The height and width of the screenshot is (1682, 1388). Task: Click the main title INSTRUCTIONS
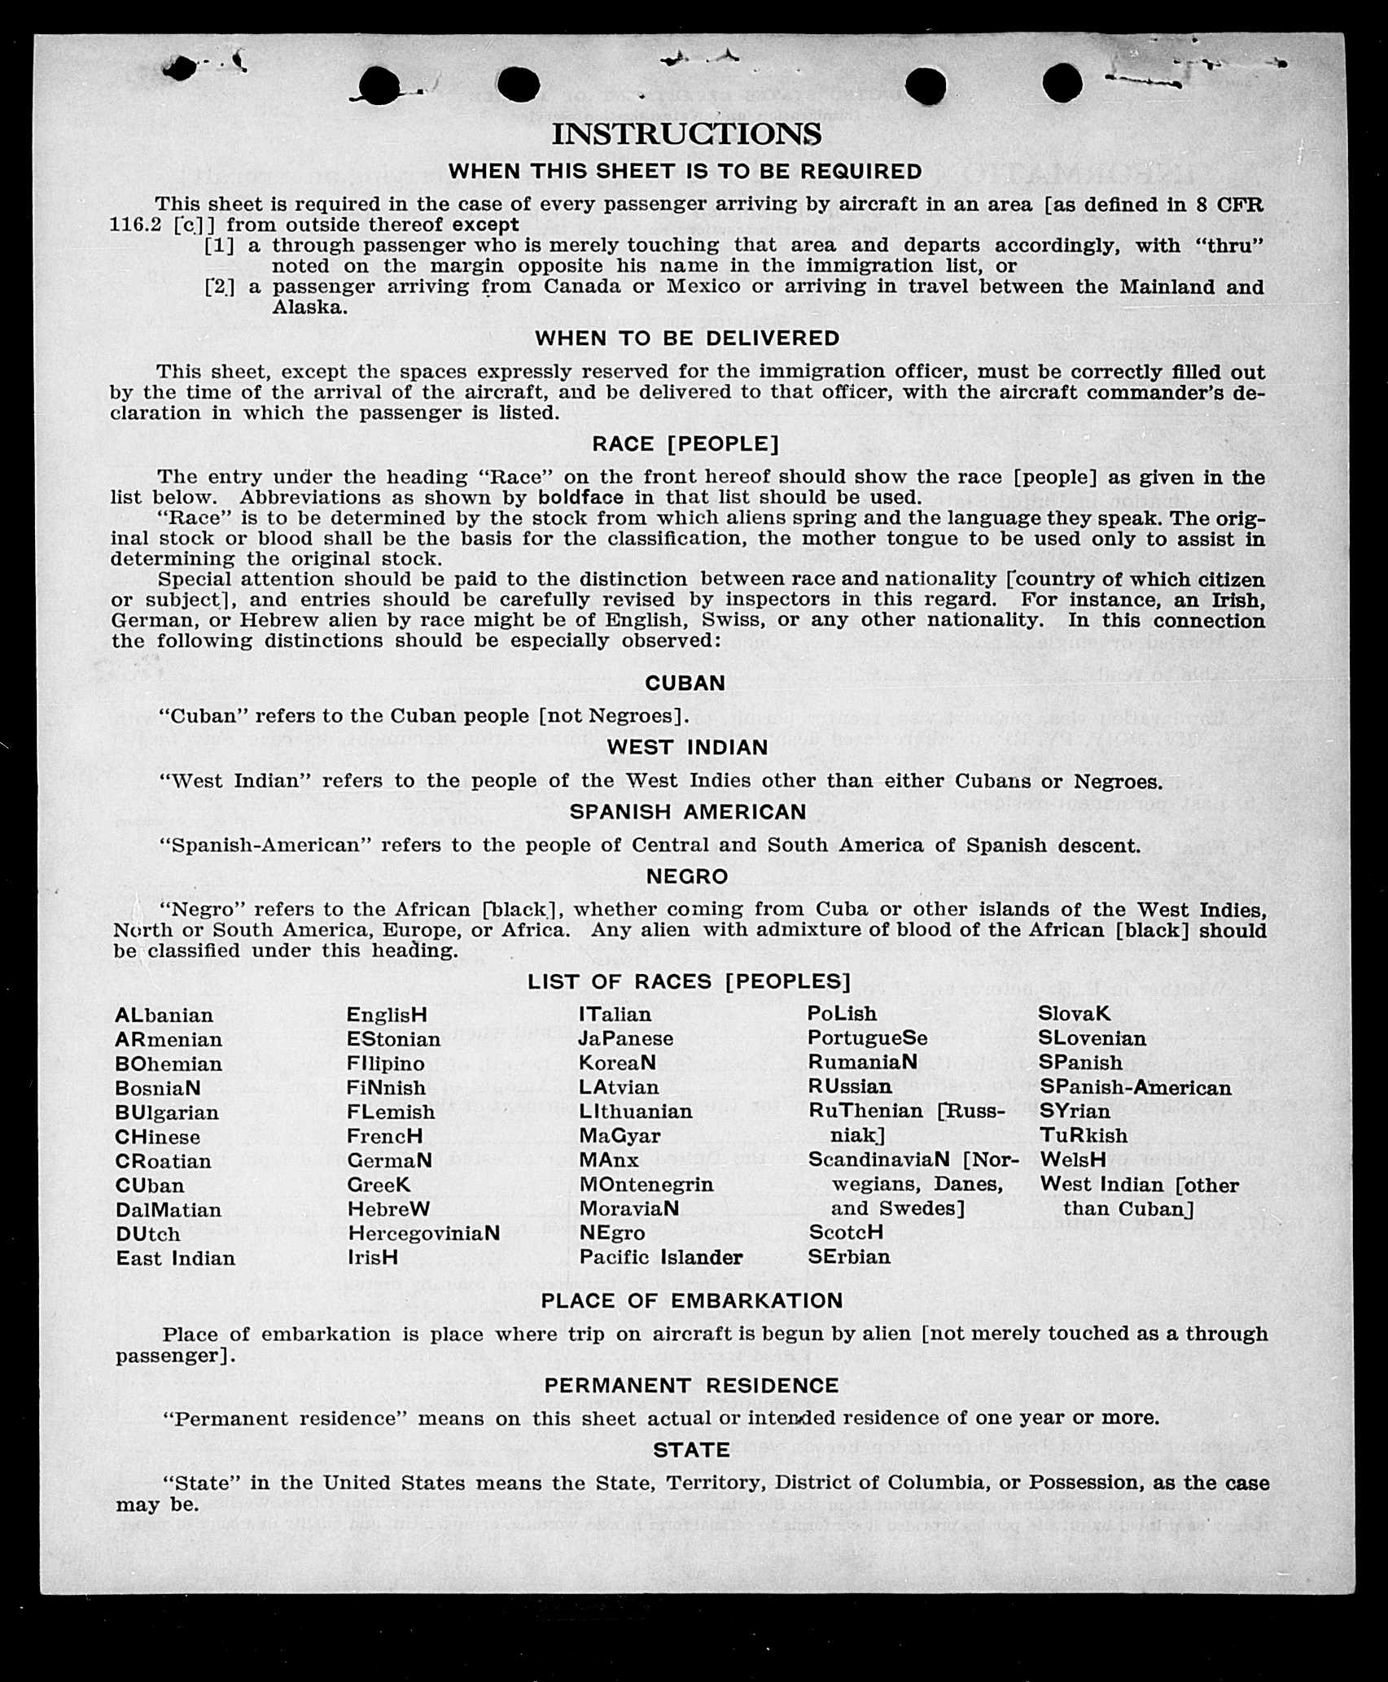point(686,134)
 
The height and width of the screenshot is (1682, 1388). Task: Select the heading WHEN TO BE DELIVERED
point(687,338)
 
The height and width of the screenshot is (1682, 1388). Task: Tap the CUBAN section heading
point(685,683)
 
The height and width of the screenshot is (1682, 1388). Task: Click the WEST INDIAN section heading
point(687,747)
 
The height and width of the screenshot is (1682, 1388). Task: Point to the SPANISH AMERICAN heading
point(687,811)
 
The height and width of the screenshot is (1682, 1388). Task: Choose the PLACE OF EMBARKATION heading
point(691,1300)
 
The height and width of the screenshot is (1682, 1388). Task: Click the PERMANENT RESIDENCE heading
point(691,1385)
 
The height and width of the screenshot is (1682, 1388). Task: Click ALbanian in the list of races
point(164,1016)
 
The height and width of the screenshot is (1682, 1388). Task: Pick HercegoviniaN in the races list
point(423,1233)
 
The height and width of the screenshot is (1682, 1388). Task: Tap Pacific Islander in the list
point(660,1257)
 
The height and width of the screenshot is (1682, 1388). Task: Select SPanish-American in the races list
point(1135,1087)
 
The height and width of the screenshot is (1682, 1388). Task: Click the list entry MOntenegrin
point(646,1184)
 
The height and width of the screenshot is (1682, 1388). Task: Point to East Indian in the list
point(175,1258)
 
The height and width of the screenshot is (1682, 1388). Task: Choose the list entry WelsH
point(1072,1160)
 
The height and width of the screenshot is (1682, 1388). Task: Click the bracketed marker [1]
point(218,245)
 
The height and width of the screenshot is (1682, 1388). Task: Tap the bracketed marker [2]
point(218,286)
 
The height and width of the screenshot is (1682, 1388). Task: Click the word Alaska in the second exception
point(309,308)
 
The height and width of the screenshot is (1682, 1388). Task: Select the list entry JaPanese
point(625,1039)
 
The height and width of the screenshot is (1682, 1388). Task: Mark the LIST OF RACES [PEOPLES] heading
point(689,981)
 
